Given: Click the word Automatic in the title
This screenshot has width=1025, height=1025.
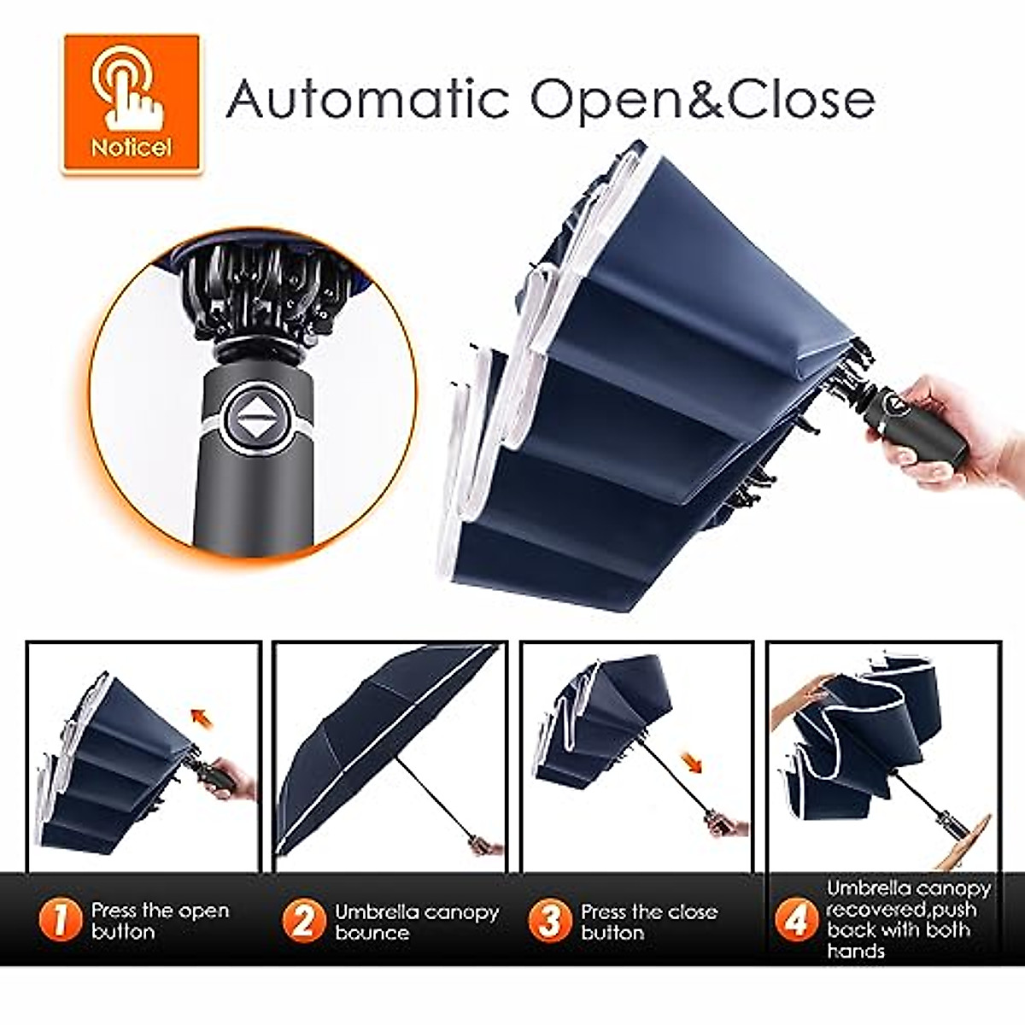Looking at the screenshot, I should pyautogui.click(x=367, y=98).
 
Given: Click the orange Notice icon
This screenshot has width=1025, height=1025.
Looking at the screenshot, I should pyautogui.click(x=132, y=103).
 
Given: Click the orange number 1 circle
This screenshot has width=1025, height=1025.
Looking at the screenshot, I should pyautogui.click(x=61, y=921).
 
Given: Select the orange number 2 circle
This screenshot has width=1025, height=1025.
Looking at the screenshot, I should pyautogui.click(x=304, y=921).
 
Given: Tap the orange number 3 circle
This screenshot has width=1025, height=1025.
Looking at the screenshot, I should pyautogui.click(x=550, y=921).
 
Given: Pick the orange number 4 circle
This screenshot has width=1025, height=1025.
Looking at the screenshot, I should pyautogui.click(x=795, y=921).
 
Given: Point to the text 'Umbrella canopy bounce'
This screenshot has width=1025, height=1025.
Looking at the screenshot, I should pyautogui.click(x=416, y=922).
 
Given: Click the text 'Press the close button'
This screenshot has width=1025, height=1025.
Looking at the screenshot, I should pyautogui.click(x=648, y=922).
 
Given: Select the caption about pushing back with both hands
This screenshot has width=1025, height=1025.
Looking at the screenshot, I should pyautogui.click(x=908, y=919).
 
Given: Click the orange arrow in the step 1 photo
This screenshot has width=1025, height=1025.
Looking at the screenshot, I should pyautogui.click(x=202, y=714).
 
